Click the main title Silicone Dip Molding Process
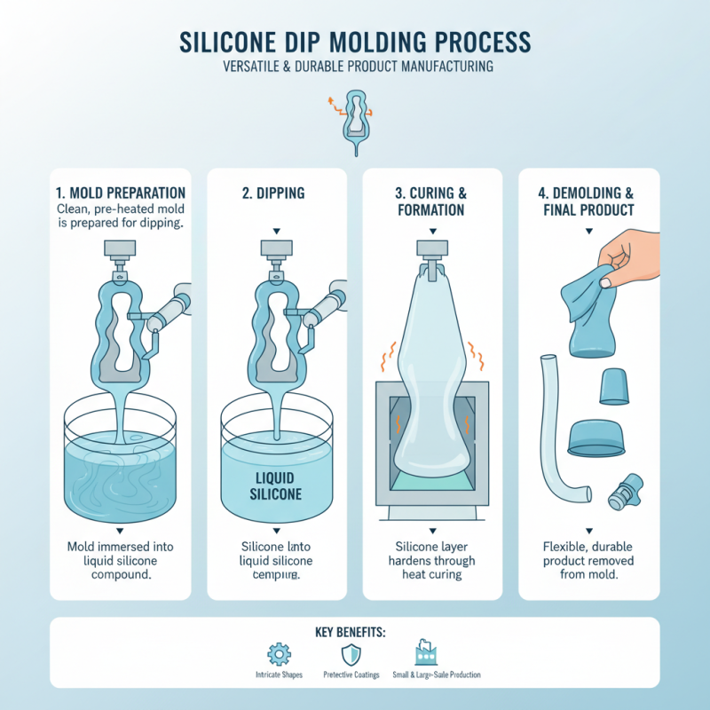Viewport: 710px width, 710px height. (355, 41)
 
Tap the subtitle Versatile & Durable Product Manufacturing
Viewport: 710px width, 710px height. (355, 67)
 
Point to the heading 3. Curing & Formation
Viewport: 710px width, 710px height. (430, 201)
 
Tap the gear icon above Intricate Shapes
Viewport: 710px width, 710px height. (279, 655)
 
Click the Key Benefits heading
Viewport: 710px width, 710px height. (355, 632)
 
